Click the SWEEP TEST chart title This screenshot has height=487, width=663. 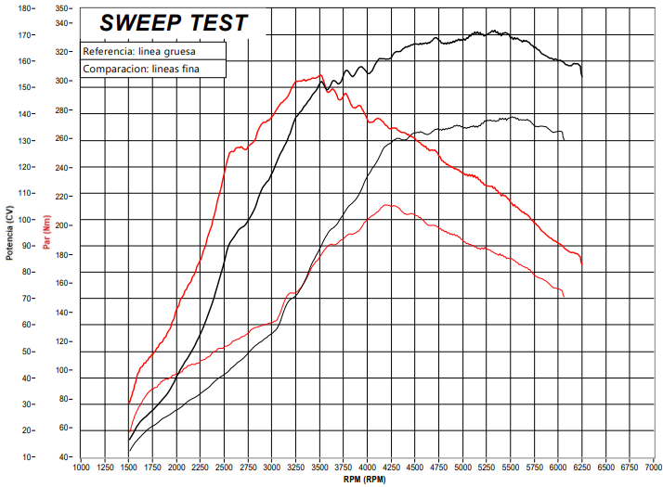click(x=174, y=23)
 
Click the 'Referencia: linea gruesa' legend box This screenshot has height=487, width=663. click(x=153, y=51)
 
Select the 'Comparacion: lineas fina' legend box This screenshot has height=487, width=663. click(x=153, y=69)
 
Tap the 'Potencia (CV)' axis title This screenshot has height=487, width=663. click(x=9, y=233)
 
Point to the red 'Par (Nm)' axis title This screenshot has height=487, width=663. click(x=46, y=232)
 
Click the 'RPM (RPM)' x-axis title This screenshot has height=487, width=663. click(x=365, y=480)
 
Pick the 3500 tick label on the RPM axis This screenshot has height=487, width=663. click(x=319, y=468)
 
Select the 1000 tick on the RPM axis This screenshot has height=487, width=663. click(x=81, y=468)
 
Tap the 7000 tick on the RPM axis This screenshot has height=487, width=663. click(x=654, y=468)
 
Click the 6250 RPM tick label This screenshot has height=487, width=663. click(x=582, y=468)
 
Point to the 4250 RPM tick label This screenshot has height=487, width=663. click(x=391, y=468)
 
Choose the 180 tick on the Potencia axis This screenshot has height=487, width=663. click(x=25, y=8)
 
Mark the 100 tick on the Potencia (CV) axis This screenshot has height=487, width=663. click(x=25, y=220)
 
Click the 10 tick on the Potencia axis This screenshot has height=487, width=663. click(x=27, y=457)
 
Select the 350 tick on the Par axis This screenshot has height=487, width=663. click(x=61, y=8)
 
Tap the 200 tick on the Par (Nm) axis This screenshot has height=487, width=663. click(x=61, y=225)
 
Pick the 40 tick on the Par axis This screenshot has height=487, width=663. click(x=64, y=457)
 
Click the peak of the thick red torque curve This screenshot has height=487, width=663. click(x=320, y=75)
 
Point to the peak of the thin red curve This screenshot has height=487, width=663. click(x=385, y=205)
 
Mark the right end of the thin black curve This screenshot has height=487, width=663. click(x=564, y=140)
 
